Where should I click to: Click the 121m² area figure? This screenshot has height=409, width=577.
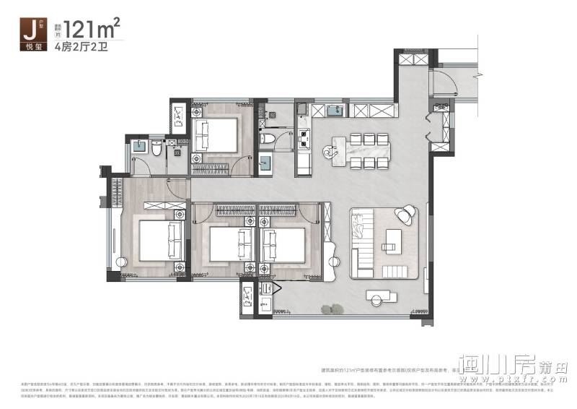tap(92, 29)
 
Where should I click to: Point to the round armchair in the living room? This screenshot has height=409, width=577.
tap(405, 214)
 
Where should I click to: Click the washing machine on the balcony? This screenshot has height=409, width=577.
tap(248, 296)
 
